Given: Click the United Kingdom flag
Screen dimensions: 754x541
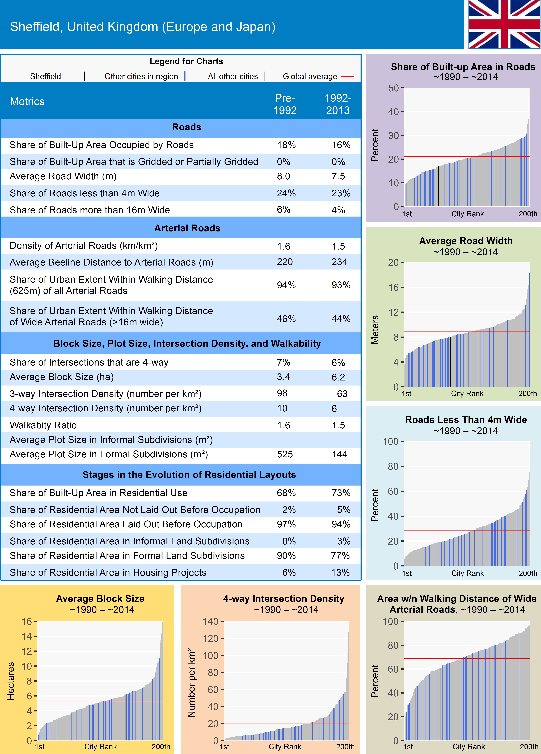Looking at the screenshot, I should (x=504, y=24).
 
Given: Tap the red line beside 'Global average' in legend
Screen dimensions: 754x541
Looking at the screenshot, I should (x=347, y=76).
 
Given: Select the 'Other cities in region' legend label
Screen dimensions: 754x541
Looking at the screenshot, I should (x=141, y=76).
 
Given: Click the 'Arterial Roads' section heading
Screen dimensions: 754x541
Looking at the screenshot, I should (x=187, y=228).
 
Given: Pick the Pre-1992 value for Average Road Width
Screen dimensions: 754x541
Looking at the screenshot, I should (x=284, y=176).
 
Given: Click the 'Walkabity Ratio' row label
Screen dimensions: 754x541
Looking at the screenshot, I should (x=43, y=425).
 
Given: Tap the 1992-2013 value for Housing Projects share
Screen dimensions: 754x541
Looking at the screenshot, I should (x=340, y=573).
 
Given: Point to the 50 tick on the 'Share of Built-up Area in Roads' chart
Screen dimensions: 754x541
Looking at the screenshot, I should (x=394, y=88).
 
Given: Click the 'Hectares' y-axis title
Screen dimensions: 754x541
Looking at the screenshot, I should (x=11, y=681).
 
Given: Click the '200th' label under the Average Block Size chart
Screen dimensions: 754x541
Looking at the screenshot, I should (x=161, y=746).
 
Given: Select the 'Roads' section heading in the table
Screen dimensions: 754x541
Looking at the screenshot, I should (x=186, y=127).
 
